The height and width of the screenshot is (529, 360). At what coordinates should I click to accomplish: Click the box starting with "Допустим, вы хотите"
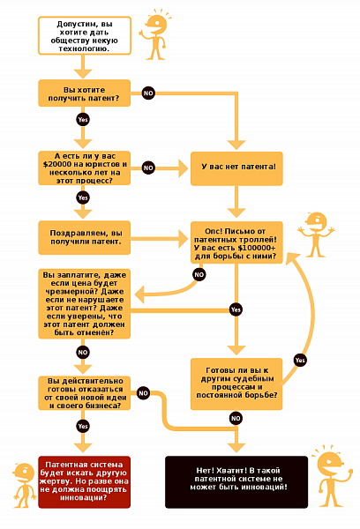pos(85,36)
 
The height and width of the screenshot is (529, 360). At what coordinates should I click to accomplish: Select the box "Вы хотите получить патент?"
pos(84,93)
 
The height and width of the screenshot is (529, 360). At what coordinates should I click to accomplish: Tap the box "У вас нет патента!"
pos(236,168)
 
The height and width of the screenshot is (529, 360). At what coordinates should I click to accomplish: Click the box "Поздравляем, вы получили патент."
pos(84,237)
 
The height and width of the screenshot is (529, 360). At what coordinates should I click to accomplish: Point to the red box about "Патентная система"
pos(84,482)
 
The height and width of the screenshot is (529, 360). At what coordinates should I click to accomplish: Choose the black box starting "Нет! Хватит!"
pos(236,482)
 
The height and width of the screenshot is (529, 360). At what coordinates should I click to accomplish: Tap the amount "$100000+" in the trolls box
pos(257,248)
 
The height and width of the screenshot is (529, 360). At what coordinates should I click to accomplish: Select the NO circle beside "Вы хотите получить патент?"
pos(148,93)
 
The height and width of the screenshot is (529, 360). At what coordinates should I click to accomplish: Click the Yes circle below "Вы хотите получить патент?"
pos(83,119)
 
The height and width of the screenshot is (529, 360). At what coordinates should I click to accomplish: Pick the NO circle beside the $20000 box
pos(148,168)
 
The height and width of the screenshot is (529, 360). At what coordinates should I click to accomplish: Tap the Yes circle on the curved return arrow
pos(300,360)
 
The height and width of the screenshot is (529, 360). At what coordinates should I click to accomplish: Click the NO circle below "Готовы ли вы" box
pos(236,418)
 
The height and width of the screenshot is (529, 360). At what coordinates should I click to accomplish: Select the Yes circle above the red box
pos(83,426)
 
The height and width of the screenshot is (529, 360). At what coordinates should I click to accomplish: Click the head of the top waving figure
pos(157,25)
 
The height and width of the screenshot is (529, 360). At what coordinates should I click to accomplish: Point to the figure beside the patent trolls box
pos(317,235)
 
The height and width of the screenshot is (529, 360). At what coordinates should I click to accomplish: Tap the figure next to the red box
pos(25,485)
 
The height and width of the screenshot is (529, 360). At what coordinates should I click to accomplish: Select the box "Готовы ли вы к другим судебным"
pos(236,384)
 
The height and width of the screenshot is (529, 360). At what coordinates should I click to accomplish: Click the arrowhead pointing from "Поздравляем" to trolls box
pos(184,239)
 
